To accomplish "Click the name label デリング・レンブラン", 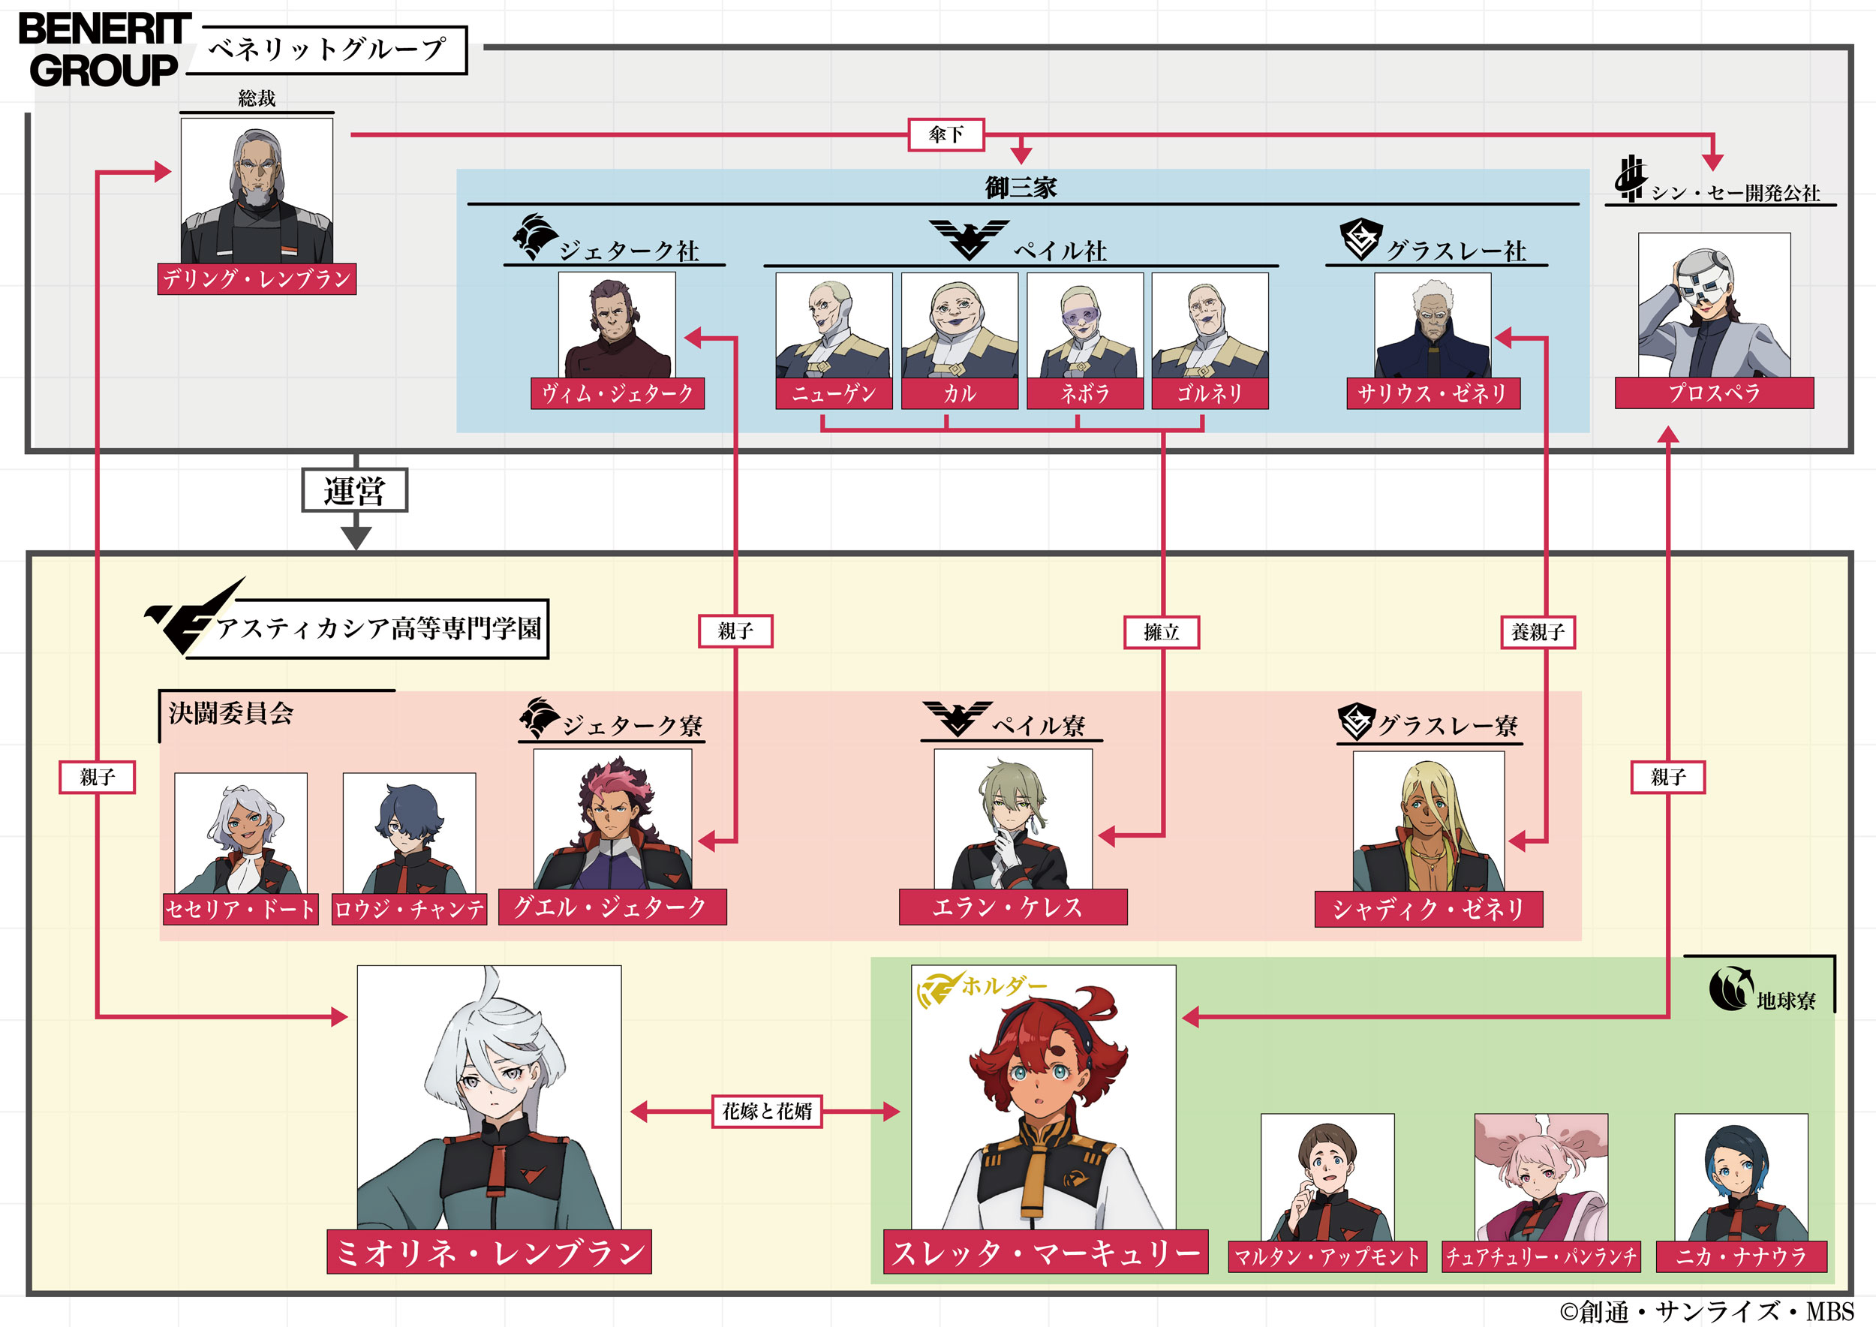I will (257, 278).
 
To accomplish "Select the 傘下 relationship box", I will (946, 135).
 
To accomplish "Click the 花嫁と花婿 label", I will (766, 1112).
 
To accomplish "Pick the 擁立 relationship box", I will (1161, 632).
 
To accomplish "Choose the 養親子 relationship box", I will (1538, 632).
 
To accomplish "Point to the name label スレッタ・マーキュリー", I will (1045, 1252).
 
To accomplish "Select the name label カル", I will (959, 394).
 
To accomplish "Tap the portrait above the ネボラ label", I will (1084, 325).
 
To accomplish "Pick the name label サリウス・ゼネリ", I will (1433, 394).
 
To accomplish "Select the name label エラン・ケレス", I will (1012, 907).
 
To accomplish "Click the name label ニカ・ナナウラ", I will (1740, 1256).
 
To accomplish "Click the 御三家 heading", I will (1021, 188).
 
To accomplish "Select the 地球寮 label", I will (1785, 1001).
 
